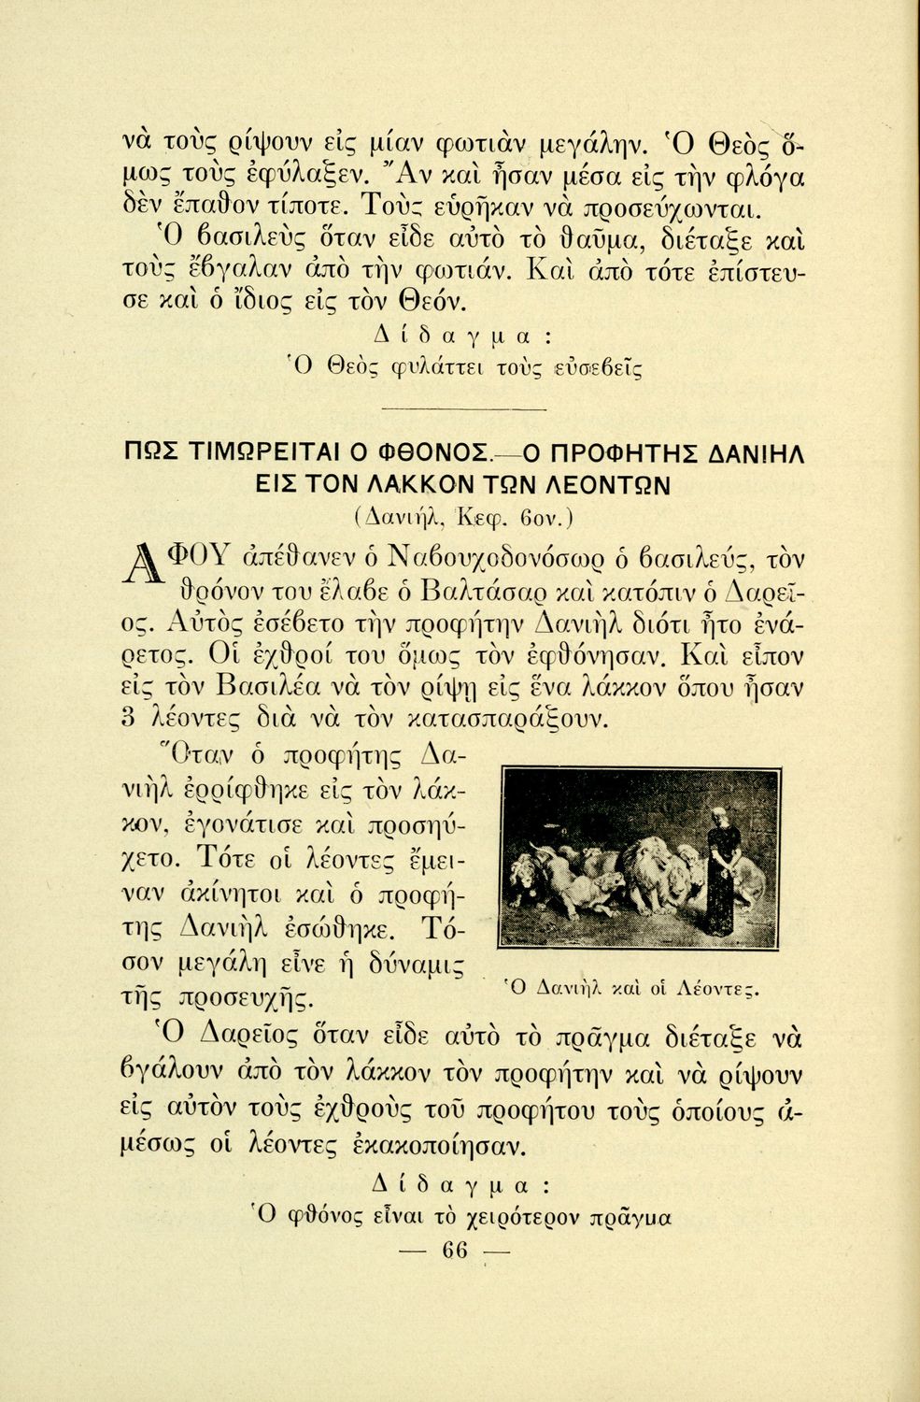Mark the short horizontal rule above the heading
[463, 409]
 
